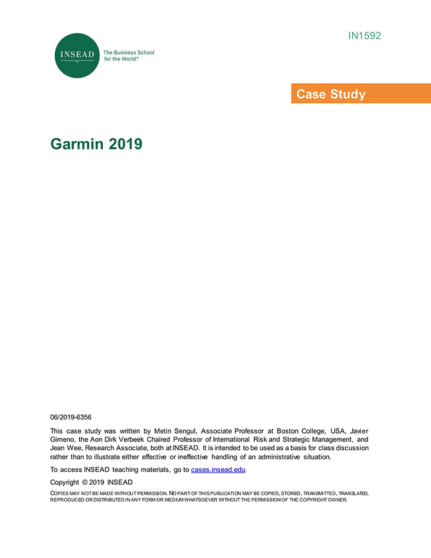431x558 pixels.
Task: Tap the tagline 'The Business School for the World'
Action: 129,56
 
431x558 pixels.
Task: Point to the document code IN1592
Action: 365,36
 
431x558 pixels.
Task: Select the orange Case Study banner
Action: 361,94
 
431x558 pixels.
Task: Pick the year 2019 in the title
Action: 126,144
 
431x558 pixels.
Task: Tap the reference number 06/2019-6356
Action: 71,417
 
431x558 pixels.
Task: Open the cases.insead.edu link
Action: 218,469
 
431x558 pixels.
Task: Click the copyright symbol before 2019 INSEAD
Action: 85,482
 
